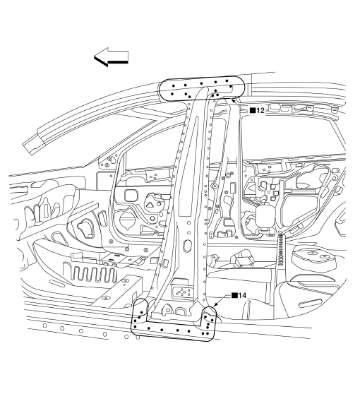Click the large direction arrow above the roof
(x=111, y=57)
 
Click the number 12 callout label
(x=260, y=110)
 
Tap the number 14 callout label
(x=242, y=295)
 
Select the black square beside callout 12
(x=252, y=110)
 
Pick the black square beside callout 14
(x=234, y=295)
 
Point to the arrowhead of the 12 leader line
(x=234, y=100)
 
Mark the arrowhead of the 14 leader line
(x=215, y=305)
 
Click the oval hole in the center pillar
(x=188, y=245)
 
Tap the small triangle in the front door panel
(x=149, y=205)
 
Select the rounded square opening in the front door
(x=131, y=196)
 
